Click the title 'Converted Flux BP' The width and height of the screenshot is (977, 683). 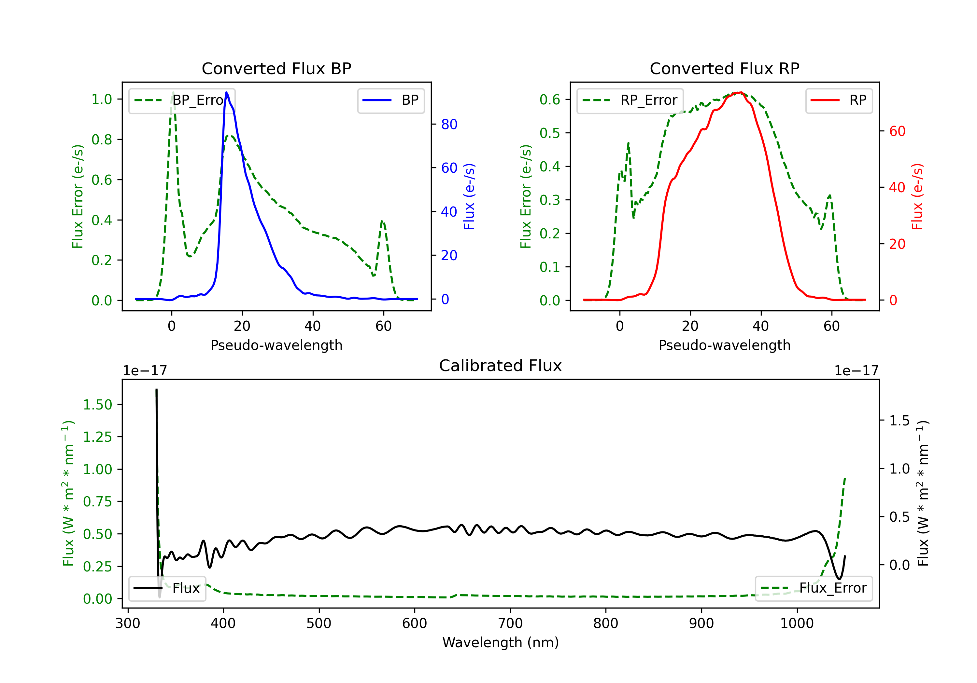[x=276, y=68]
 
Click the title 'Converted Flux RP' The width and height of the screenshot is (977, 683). [x=724, y=68]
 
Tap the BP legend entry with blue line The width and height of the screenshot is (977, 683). [x=390, y=100]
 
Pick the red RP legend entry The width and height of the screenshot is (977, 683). [x=838, y=100]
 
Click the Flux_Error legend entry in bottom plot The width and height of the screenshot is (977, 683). [x=813, y=588]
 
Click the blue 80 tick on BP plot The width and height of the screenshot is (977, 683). [x=449, y=124]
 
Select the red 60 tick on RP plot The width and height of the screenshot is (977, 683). [x=897, y=131]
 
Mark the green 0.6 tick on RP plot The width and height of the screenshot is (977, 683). [x=550, y=100]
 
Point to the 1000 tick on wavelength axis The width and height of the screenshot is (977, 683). [x=797, y=623]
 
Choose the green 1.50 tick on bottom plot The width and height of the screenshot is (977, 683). [x=97, y=405]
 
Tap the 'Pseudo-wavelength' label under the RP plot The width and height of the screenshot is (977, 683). [x=724, y=345]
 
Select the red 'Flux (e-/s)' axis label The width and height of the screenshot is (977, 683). [x=917, y=196]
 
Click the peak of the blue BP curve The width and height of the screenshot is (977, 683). [x=226, y=93]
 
